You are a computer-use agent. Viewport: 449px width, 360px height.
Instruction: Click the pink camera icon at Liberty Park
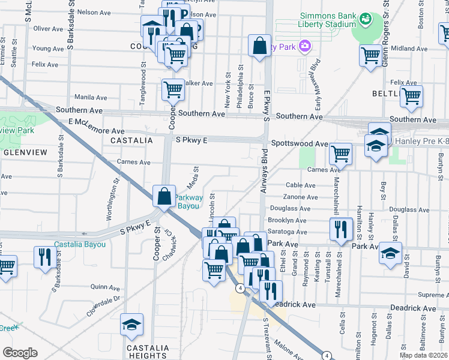[305, 46]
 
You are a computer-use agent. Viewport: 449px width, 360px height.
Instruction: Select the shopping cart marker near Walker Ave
[173, 89]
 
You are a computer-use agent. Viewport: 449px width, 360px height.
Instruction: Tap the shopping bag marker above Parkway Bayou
[164, 196]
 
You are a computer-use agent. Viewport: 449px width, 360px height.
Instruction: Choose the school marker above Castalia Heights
[131, 325]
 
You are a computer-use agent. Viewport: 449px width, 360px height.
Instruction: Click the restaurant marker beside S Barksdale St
[45, 258]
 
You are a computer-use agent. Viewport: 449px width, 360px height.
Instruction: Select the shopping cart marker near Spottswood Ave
[340, 154]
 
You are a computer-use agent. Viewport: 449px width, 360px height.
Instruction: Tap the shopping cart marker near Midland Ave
[370, 56]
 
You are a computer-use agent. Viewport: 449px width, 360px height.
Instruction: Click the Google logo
[19, 352]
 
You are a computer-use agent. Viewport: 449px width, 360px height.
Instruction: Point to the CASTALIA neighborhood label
[128, 140]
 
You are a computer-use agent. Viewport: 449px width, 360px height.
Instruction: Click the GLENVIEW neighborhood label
[25, 152]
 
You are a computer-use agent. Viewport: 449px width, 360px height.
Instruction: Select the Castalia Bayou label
[80, 244]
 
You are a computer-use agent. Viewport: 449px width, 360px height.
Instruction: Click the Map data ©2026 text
[423, 355]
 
